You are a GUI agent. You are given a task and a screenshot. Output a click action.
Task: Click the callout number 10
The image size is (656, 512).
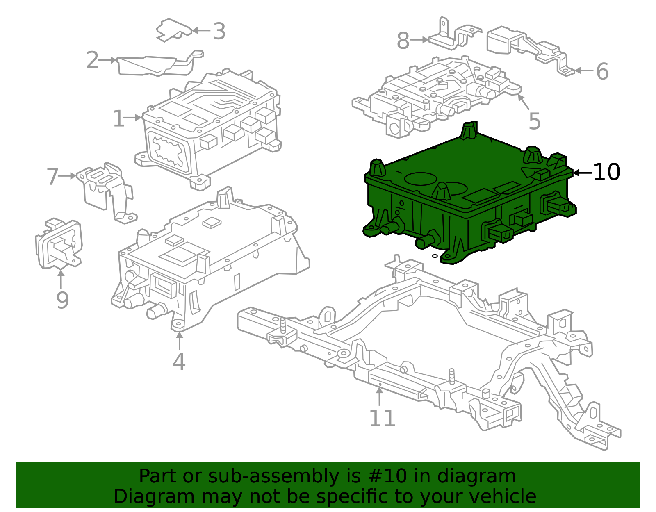coord(606,172)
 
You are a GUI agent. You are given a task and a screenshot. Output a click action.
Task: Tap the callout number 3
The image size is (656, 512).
coord(219,32)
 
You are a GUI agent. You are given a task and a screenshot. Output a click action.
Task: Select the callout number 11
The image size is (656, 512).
coord(382,419)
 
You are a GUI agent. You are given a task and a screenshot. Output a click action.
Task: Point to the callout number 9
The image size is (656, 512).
coord(62,300)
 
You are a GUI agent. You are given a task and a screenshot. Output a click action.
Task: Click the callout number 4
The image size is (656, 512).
coord(179,362)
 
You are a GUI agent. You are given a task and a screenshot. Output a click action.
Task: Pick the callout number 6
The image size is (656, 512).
coord(602,72)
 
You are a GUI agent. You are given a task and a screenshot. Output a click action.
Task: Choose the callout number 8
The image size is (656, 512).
coord(403,41)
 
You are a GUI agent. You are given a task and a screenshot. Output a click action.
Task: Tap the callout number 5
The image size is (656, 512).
coord(535,121)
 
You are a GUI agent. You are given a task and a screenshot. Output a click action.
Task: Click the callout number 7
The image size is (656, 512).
coord(52,177)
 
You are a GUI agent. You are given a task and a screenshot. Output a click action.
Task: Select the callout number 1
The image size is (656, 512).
coord(118,119)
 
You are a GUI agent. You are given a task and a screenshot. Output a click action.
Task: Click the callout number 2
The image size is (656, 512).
coord(92,61)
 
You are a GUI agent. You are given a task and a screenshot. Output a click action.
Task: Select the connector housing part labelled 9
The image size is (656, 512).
coord(59,245)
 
